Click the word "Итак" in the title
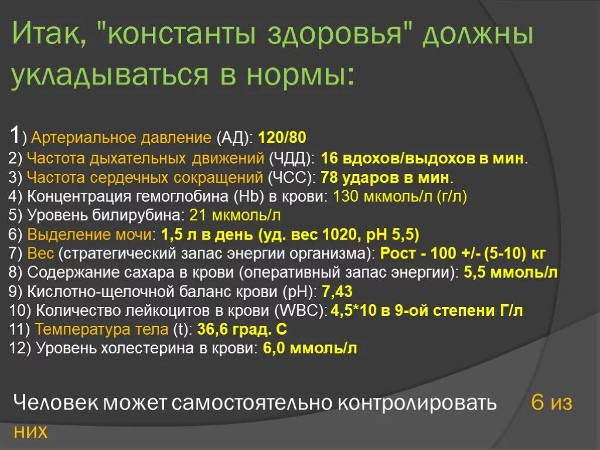click(48, 35)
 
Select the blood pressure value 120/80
click(282, 138)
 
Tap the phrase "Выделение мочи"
click(90, 235)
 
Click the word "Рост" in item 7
click(399, 254)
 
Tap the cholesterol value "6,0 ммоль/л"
click(310, 349)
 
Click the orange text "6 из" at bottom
click(551, 403)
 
